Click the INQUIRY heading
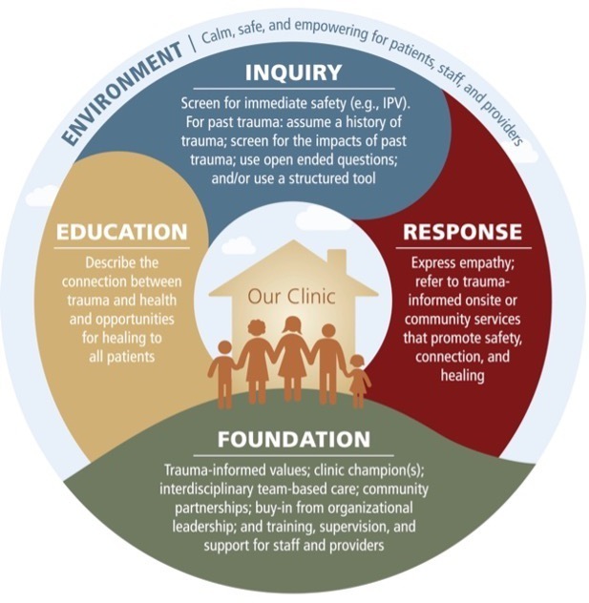(x=293, y=72)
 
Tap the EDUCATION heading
(x=122, y=232)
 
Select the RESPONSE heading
(x=463, y=232)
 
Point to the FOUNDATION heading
(x=294, y=439)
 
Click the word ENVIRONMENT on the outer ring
(x=120, y=94)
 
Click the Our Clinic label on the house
(x=291, y=297)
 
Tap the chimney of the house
(x=337, y=262)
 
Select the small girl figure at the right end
(x=357, y=381)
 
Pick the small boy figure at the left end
(x=223, y=374)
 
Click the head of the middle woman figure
(x=292, y=326)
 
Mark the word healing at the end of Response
(x=462, y=375)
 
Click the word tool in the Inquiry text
(x=364, y=178)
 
